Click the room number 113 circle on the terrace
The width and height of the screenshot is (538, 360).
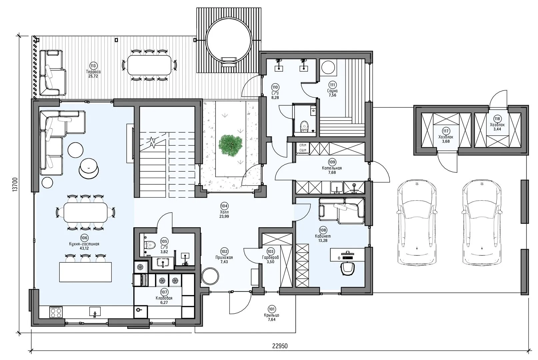[x=93, y=66]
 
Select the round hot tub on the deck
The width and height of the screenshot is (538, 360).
[x=229, y=45]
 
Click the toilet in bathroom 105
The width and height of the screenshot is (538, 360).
[x=150, y=245]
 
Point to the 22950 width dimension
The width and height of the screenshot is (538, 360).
[x=280, y=346]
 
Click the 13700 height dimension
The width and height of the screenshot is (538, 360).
[x=15, y=184]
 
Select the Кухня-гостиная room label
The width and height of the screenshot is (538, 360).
[x=84, y=244]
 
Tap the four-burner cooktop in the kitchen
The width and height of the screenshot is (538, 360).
[x=56, y=312]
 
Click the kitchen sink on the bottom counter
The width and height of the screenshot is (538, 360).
[x=95, y=312]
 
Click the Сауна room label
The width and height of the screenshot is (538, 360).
[x=332, y=91]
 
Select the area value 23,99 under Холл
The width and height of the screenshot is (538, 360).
[x=224, y=216]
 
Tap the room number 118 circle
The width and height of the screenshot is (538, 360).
[x=497, y=119]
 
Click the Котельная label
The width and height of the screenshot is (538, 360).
[x=332, y=168]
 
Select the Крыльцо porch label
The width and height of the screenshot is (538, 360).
[x=271, y=315]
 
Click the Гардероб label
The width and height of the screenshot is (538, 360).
[x=270, y=257]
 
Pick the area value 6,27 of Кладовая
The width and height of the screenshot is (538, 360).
[x=164, y=303]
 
